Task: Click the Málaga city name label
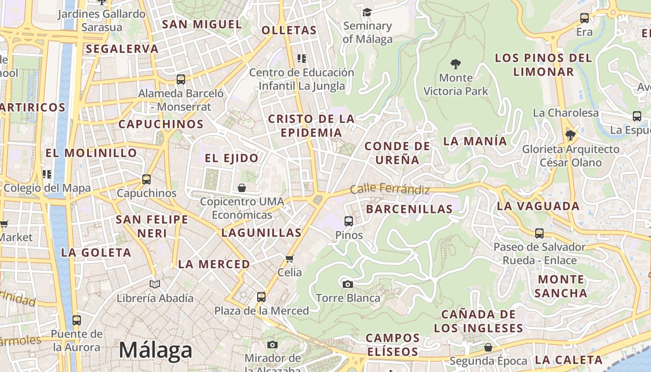coord(155,350)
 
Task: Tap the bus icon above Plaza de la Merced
coord(261,297)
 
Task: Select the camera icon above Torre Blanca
coord(347,284)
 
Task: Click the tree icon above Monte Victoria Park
coord(456,64)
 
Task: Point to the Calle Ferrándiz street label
coord(390,189)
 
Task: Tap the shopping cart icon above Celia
coord(290,259)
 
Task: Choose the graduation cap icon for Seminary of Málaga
coord(367,12)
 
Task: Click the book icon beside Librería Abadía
coord(155,284)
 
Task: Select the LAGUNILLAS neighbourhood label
coord(261,232)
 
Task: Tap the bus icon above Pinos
coord(349,221)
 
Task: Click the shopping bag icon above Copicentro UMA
coord(242,188)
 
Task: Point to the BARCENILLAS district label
coord(409,209)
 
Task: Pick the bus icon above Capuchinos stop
coord(146,179)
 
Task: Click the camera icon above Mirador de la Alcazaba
coord(272,345)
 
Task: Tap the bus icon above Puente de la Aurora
coord(77,320)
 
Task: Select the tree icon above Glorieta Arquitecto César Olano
coord(571,135)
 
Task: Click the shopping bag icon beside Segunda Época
coord(488,347)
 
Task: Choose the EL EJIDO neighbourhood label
coord(232,158)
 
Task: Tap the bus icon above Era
coord(585,18)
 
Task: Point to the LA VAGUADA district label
coord(538,206)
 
